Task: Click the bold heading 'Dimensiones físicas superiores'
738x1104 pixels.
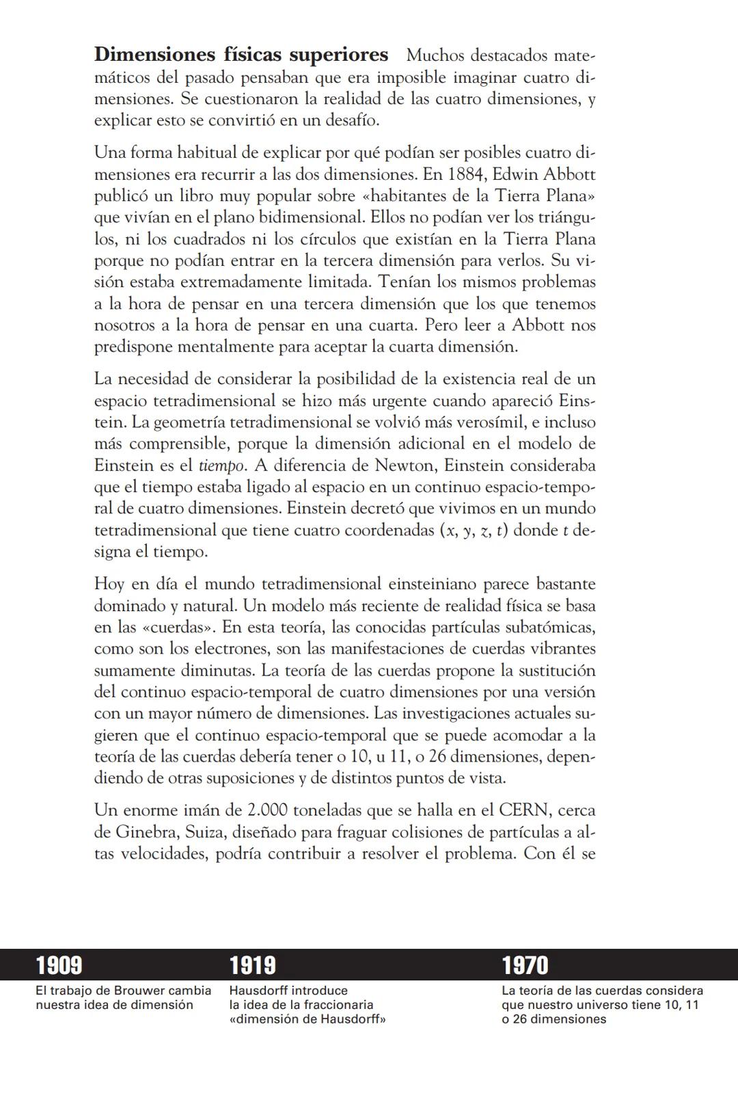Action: [x=241, y=55]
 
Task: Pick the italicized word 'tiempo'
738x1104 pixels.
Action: [x=221, y=466]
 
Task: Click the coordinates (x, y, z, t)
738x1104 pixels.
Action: [x=474, y=530]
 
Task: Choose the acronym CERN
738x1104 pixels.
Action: [x=524, y=811]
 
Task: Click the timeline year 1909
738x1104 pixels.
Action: [x=59, y=965]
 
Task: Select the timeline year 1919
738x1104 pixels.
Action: [x=253, y=965]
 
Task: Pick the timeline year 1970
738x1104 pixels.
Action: [x=525, y=965]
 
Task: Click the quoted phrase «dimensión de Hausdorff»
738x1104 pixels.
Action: [x=307, y=1019]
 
